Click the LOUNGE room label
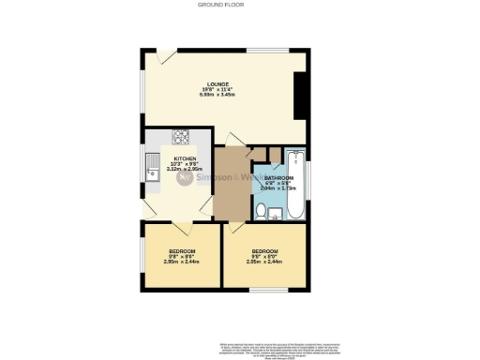click(x=218, y=84)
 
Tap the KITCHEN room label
click(x=183, y=158)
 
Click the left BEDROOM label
click(x=182, y=251)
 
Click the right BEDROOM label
click(x=265, y=251)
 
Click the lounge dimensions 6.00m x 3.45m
click(x=218, y=96)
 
